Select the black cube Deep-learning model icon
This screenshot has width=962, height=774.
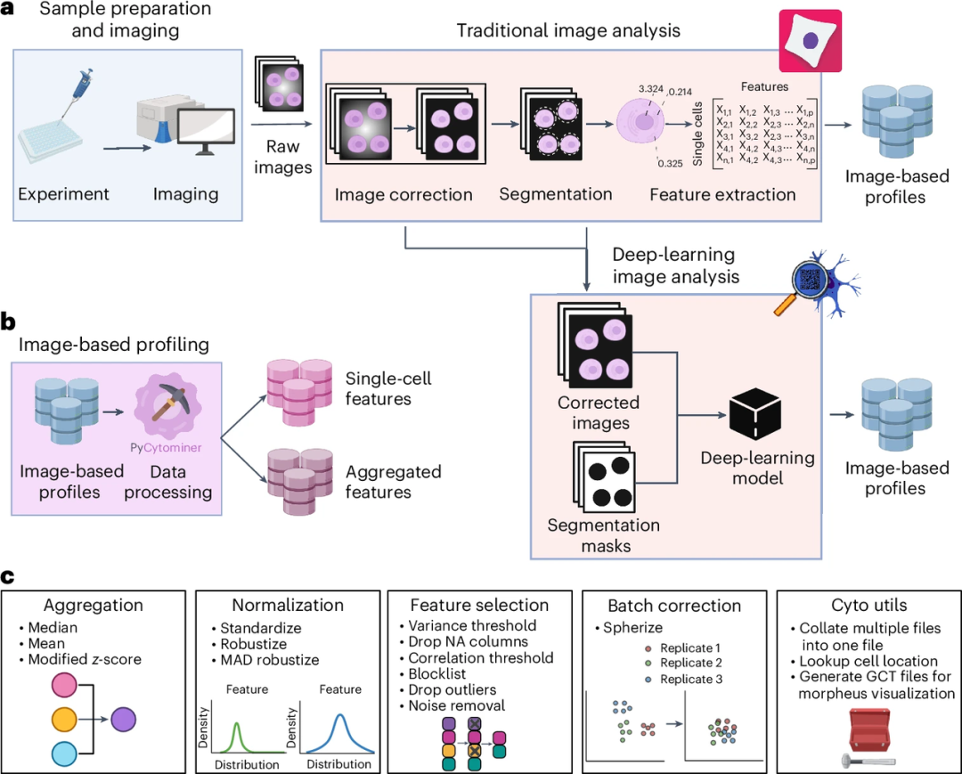tap(754, 416)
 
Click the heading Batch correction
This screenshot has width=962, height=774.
tap(674, 606)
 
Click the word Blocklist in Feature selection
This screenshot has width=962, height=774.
tap(437, 674)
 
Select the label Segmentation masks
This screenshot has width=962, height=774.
tap(603, 535)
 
